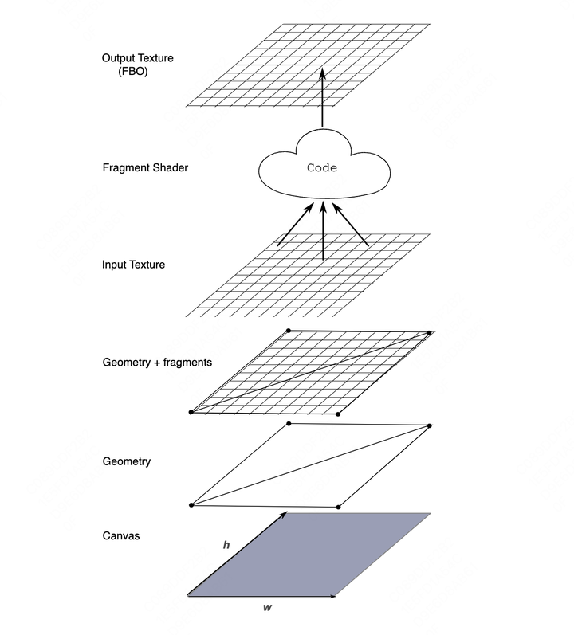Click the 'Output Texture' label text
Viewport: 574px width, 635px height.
click(x=138, y=58)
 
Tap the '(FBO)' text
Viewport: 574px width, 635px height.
click(x=133, y=71)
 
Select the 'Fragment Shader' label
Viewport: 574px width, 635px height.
click(x=145, y=167)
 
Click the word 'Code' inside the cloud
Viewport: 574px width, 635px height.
click(x=322, y=167)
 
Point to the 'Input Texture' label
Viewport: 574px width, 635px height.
click(x=134, y=265)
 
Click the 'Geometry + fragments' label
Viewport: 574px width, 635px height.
click(x=157, y=362)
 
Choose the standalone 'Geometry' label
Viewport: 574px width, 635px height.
click(x=127, y=461)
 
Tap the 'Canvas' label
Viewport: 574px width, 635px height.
click(x=121, y=535)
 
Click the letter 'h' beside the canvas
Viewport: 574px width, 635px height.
click(x=226, y=545)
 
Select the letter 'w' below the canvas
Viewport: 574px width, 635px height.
click(x=267, y=607)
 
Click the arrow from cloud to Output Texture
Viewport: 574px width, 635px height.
click(x=322, y=97)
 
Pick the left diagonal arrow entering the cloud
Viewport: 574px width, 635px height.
click(x=295, y=225)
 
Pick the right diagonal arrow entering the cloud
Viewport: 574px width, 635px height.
click(x=351, y=225)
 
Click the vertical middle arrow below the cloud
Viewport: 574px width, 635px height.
click(x=323, y=231)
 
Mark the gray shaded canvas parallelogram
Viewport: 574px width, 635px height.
click(x=309, y=555)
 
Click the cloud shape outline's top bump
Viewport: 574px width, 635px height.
click(x=323, y=130)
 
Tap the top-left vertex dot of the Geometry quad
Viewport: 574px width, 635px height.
click(x=289, y=424)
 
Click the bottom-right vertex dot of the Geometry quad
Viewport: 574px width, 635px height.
click(x=338, y=507)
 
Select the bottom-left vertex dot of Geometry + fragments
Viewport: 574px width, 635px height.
click(x=191, y=412)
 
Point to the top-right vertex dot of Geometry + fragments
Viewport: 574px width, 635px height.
click(x=429, y=333)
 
